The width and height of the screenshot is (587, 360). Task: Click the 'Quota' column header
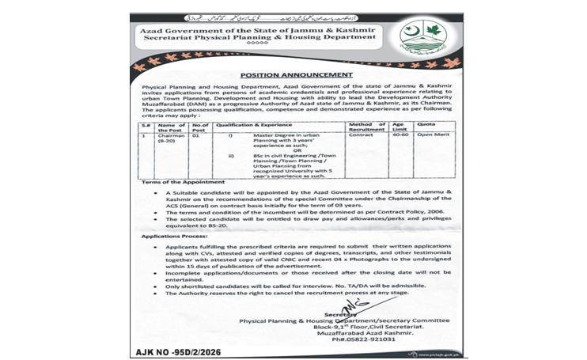(428, 124)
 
